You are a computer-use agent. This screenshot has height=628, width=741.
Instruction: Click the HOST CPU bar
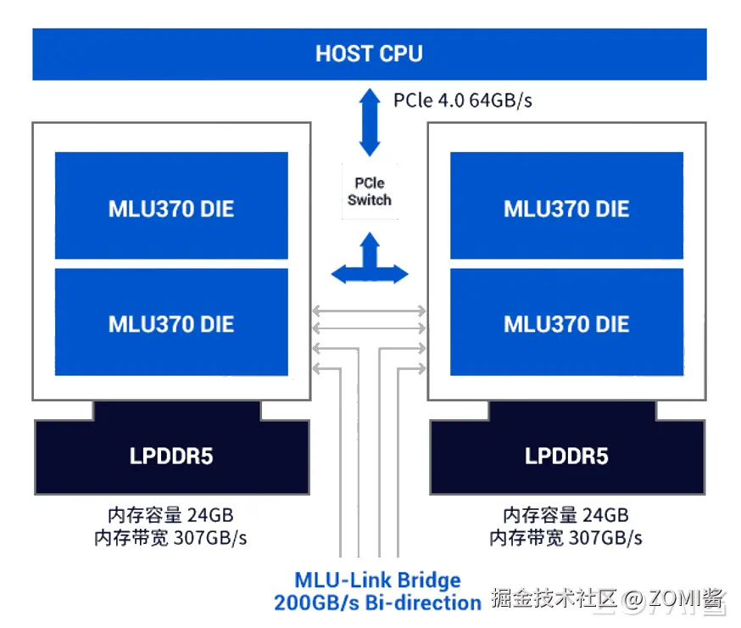[x=370, y=54]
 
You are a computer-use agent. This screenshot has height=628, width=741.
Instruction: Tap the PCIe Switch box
[x=370, y=191]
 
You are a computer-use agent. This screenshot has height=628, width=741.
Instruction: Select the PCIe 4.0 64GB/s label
[x=463, y=100]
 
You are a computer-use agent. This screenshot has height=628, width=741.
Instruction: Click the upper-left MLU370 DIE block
[x=171, y=205]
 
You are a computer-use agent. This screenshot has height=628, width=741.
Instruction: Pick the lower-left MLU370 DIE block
[x=171, y=322]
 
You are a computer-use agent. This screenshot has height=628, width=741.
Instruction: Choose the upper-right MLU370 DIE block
[x=566, y=205]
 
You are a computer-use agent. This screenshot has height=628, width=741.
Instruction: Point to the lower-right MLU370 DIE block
[x=566, y=322]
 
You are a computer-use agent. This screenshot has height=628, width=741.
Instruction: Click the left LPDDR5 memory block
[x=172, y=448]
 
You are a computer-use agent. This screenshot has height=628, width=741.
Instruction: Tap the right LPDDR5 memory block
[x=567, y=448]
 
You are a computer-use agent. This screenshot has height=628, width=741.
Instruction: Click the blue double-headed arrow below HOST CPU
[x=370, y=122]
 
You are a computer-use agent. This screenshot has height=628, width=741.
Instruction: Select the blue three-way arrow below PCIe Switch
[x=370, y=258]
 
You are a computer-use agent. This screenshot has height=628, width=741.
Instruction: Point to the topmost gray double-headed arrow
[x=369, y=311]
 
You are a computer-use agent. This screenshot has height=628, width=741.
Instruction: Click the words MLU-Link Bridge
[x=377, y=580]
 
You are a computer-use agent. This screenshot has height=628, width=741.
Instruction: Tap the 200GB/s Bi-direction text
[x=377, y=603]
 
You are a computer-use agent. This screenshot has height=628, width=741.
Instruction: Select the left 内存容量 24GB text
[x=170, y=515]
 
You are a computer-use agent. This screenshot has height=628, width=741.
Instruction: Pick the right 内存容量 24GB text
[x=565, y=515]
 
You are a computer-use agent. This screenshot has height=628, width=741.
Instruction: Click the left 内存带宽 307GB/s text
[x=170, y=538]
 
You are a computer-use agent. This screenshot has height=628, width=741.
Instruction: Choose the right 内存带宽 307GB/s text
[x=565, y=538]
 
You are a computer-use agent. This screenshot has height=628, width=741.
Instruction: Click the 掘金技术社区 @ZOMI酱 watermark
[x=608, y=598]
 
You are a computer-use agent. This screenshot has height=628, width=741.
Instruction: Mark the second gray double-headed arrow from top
[x=369, y=328]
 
